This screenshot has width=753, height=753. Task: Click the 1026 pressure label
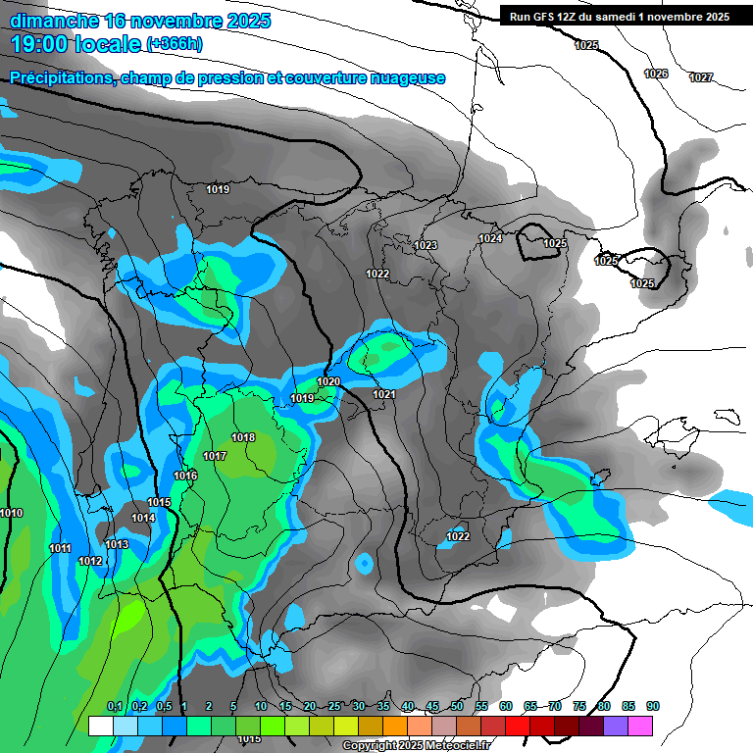click(656, 75)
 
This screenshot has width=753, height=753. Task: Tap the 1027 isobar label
click(701, 77)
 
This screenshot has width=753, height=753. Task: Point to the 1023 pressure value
click(426, 245)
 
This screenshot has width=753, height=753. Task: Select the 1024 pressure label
click(490, 238)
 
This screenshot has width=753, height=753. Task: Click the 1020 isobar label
click(328, 381)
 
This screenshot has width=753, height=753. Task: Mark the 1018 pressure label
click(243, 437)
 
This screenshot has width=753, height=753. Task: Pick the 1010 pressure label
click(11, 513)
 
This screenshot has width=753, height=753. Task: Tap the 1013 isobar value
click(117, 544)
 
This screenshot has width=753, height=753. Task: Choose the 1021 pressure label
click(383, 394)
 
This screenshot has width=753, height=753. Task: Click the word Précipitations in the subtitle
click(59, 78)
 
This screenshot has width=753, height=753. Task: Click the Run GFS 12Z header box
click(619, 17)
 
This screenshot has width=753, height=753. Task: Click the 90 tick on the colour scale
click(653, 706)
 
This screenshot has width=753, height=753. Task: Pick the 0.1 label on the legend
click(114, 706)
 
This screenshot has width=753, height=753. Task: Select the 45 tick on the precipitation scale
click(432, 706)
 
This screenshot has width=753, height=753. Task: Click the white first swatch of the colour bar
click(100, 726)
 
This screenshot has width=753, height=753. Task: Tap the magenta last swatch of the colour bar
click(640, 726)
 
